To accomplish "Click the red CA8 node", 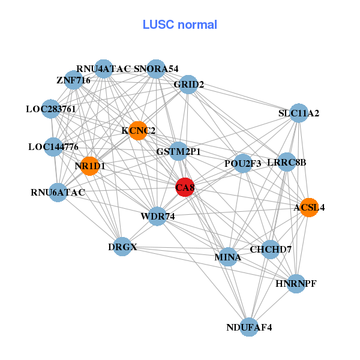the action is point(185,187).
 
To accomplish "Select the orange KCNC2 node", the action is point(138,131).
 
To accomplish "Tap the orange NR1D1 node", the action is point(89,166).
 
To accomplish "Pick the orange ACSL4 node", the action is point(308,208).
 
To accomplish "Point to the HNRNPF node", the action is point(295,283).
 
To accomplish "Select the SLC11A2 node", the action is point(299,113).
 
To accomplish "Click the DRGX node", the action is point(122,247).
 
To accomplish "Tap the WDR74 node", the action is point(157,216).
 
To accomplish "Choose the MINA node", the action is point(227,257).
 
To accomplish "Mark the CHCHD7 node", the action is point(271,249).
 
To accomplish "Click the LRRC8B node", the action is point(287,162).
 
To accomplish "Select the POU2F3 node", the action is point(243,163).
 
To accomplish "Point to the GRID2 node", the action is point(188,85).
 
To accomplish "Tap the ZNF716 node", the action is point(73,80).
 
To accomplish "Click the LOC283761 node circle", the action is point(51,109).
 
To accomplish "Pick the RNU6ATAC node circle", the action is point(58,193).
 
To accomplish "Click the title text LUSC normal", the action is point(179,25).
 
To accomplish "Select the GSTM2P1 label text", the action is point(178,151).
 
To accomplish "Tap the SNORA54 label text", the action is point(156,69).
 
